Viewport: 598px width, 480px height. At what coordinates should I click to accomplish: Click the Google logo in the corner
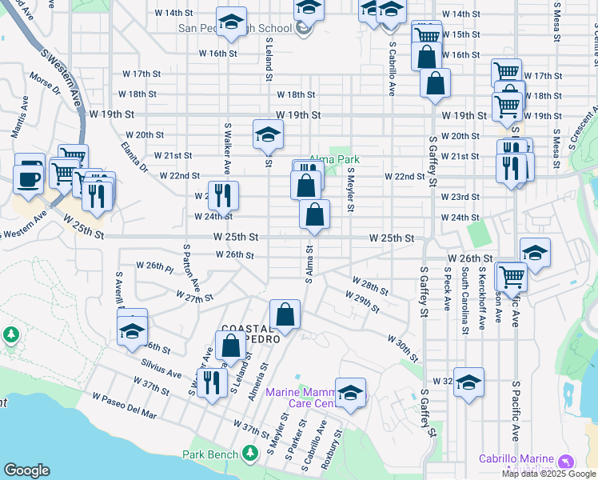pyautogui.click(x=26, y=470)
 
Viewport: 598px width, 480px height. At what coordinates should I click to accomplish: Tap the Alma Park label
pyautogui.click(x=334, y=159)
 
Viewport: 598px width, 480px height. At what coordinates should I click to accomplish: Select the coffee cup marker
pyautogui.click(x=27, y=177)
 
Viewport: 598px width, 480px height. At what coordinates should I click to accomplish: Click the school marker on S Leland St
pyautogui.click(x=268, y=134)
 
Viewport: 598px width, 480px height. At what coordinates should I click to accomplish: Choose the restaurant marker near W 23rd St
pyautogui.click(x=223, y=195)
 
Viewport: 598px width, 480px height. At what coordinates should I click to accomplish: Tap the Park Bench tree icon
pyautogui.click(x=250, y=454)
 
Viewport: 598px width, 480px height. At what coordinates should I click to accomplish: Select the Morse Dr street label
pyautogui.click(x=46, y=86)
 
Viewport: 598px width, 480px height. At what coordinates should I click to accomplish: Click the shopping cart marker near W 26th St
pyautogui.click(x=512, y=276)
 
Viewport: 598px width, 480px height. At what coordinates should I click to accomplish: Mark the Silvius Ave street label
pyautogui.click(x=161, y=370)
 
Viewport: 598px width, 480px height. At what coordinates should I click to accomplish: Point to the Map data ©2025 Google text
pyautogui.click(x=548, y=474)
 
